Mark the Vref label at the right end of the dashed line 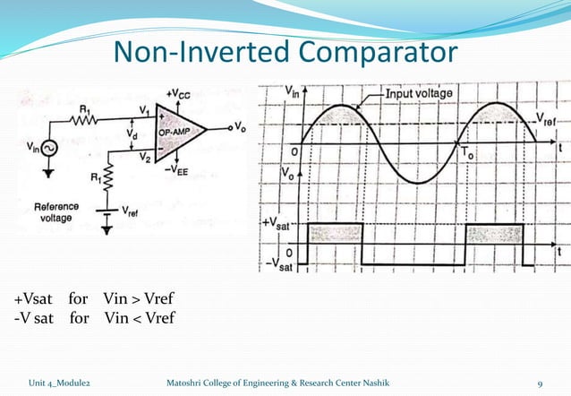coord(547,118)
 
